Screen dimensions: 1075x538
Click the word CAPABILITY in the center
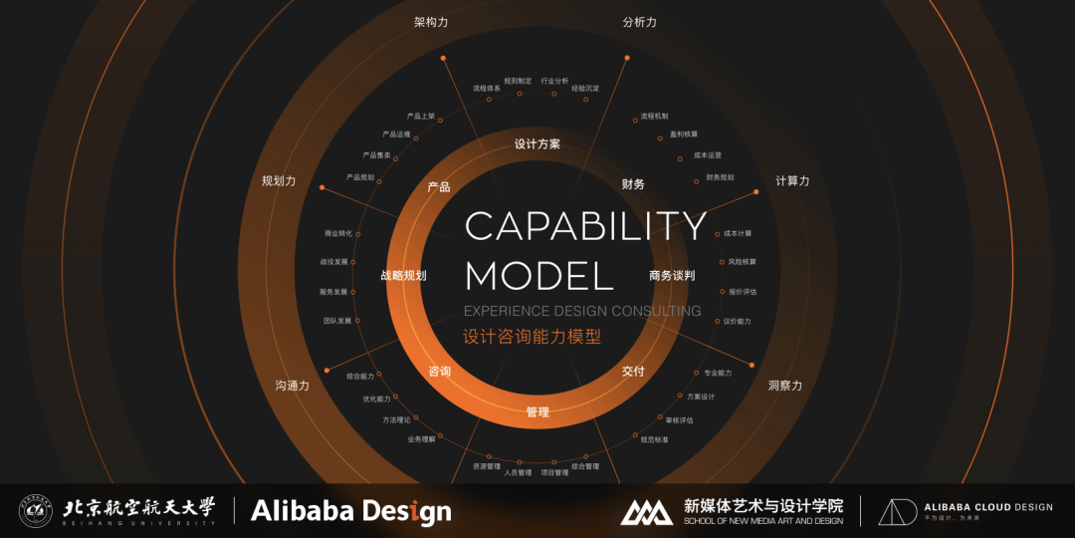[585, 226]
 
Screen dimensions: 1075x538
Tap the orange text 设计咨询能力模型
[533, 337]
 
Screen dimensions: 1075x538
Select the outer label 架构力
[431, 22]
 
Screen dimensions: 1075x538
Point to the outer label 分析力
[639, 22]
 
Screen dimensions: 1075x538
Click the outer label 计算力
[792, 180]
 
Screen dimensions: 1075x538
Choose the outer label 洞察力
[784, 386]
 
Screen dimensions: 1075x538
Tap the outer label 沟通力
[293, 386]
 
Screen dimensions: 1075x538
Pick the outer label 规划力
[279, 181]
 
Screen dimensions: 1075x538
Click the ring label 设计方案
[537, 144]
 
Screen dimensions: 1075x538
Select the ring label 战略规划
[403, 276]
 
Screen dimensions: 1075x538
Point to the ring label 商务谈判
[672, 276]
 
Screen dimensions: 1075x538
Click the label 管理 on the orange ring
[537, 411]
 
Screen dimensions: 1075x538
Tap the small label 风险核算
[743, 262]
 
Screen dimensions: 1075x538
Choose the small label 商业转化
[338, 234]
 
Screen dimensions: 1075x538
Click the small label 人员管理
[519, 472]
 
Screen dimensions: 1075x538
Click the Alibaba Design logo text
[350, 511]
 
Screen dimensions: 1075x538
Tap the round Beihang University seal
[36, 511]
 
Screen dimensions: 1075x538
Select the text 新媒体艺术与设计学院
[763, 505]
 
